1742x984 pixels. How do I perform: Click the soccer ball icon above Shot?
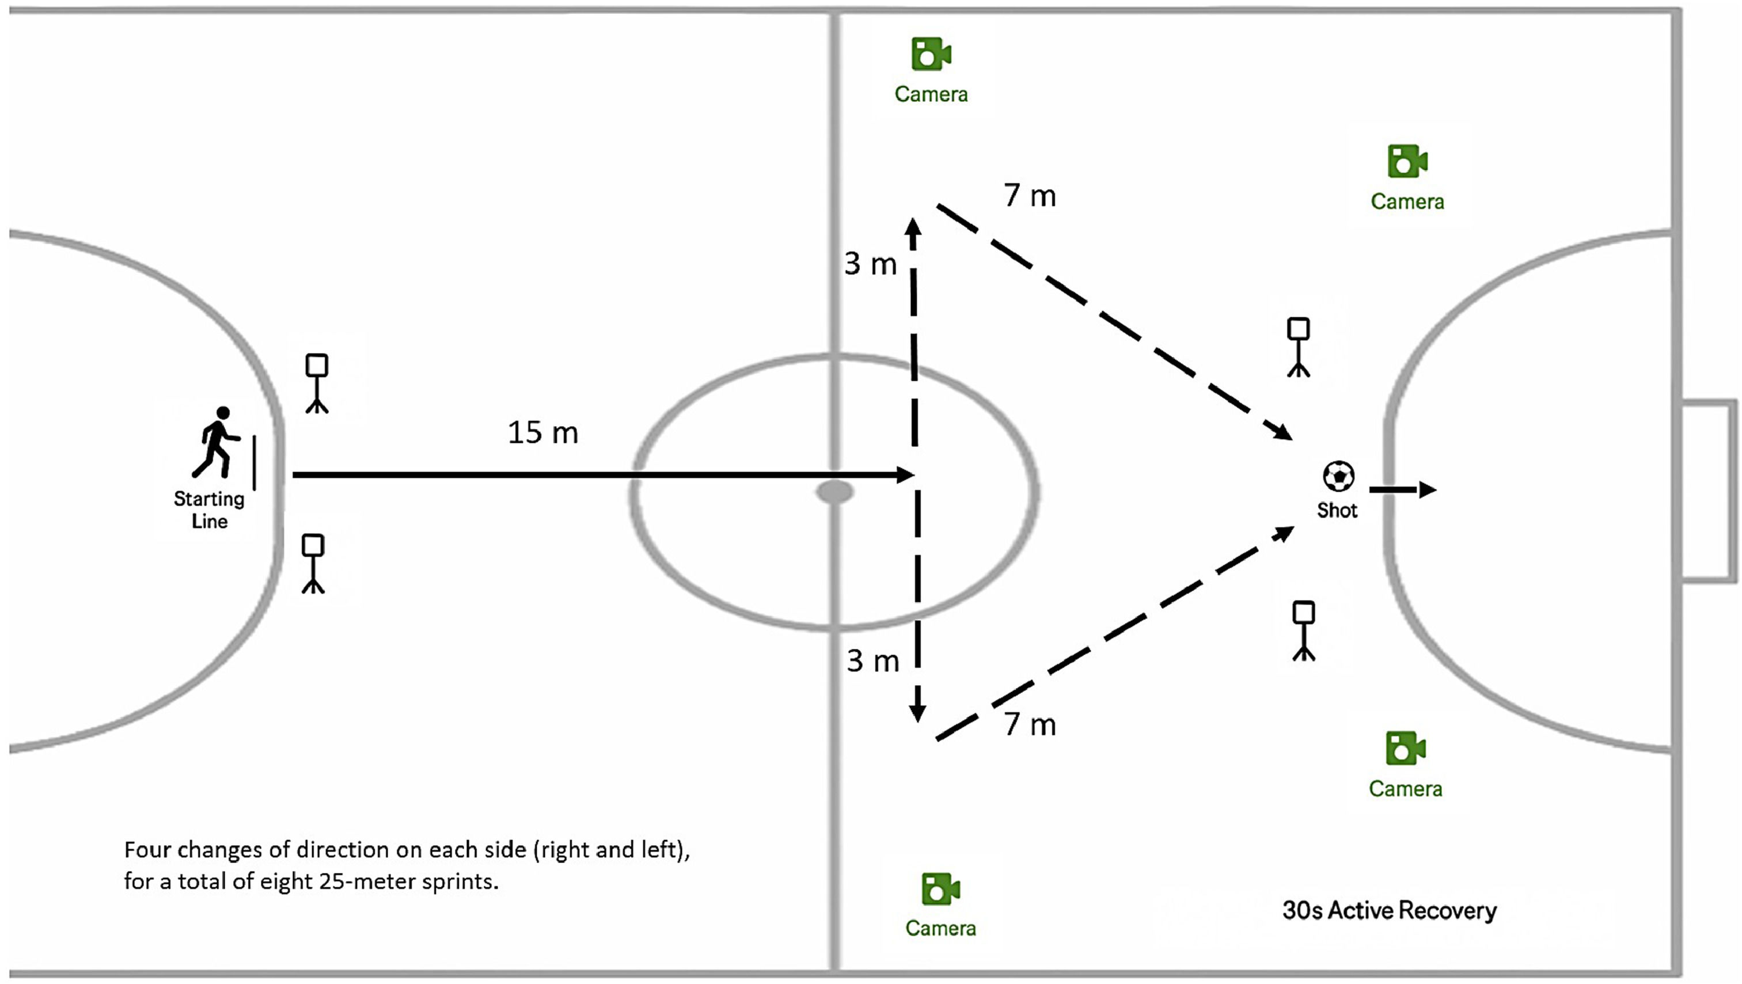[1338, 476]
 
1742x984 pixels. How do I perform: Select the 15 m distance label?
[543, 433]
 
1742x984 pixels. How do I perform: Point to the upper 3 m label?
[870, 264]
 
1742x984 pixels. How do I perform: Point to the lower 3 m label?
[873, 661]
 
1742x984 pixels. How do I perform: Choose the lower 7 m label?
[1029, 724]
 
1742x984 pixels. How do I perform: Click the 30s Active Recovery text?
[1389, 910]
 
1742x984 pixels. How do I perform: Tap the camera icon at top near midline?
[931, 54]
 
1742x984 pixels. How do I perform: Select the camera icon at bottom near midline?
[940, 888]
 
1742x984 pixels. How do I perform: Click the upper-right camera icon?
[1407, 162]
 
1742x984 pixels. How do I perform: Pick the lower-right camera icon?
[1405, 749]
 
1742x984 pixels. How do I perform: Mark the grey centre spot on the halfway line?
[835, 492]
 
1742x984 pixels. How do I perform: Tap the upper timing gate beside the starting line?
[317, 383]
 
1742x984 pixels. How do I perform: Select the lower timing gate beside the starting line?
[313, 563]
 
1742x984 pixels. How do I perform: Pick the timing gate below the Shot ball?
[1304, 630]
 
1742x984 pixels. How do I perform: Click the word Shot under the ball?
[1337, 510]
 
